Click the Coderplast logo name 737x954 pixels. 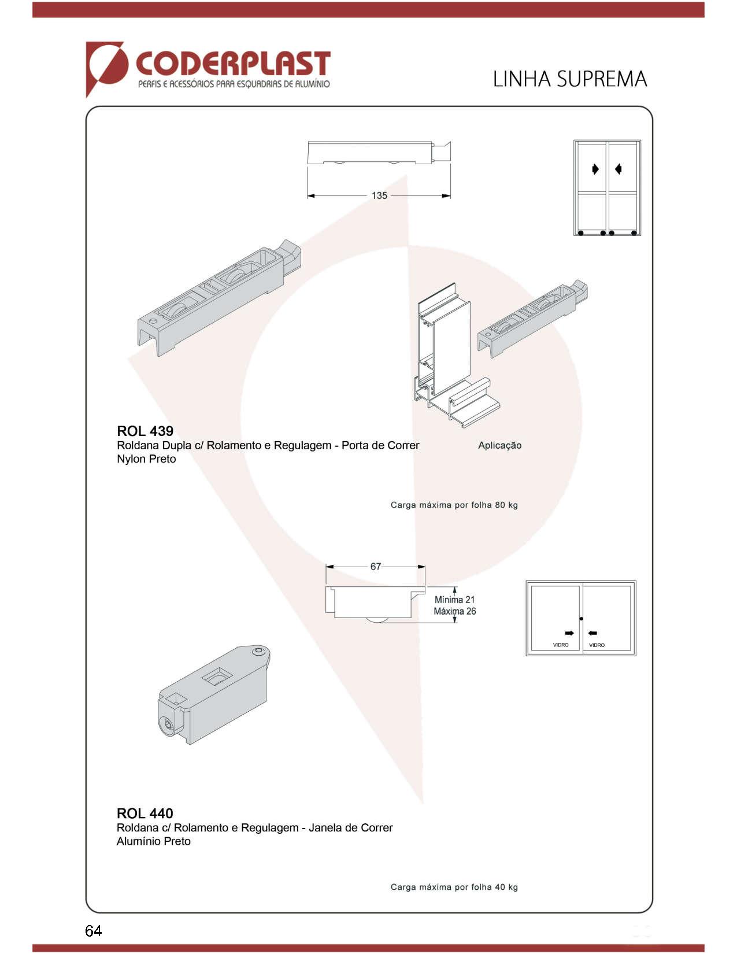(232, 63)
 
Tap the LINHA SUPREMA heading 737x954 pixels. (570, 79)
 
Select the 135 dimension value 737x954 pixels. (379, 196)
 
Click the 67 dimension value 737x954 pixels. (376, 567)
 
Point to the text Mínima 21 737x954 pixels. (455, 600)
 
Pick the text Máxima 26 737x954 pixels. (455, 611)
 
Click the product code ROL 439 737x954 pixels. (145, 431)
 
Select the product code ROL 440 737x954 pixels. (145, 813)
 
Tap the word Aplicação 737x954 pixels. (499, 446)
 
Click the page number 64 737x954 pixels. (94, 930)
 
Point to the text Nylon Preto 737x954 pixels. (146, 458)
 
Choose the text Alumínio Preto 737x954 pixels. (154, 841)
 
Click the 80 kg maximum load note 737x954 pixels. (454, 505)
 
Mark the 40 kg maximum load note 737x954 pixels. (454, 887)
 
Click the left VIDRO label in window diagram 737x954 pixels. (561, 645)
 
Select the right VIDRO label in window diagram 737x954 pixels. (597, 645)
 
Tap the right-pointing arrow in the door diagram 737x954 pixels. (595, 169)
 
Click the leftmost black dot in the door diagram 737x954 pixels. (581, 233)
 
